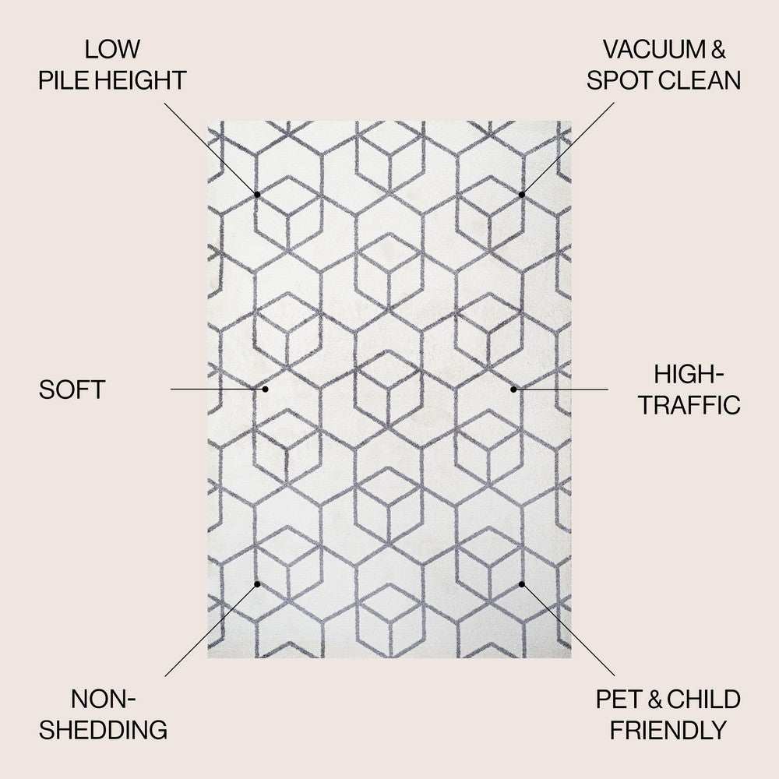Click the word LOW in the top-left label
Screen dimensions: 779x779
click(x=112, y=49)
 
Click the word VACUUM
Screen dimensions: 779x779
click(x=654, y=49)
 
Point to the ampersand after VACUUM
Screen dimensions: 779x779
click(x=718, y=49)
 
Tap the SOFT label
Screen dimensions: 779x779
click(x=72, y=390)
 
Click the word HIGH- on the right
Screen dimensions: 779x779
click(x=689, y=374)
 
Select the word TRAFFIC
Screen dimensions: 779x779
click(x=689, y=405)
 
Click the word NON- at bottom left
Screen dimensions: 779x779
click(x=104, y=700)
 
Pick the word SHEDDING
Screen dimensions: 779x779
click(x=104, y=731)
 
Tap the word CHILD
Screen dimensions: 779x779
click(x=703, y=700)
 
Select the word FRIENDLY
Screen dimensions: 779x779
click(x=668, y=731)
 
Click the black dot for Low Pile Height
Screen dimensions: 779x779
click(x=257, y=194)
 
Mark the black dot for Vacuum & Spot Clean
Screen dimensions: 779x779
click(x=522, y=194)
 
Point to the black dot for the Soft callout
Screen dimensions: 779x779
click(x=266, y=389)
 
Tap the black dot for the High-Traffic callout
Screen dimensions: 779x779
click(x=513, y=389)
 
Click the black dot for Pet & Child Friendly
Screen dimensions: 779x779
click(x=522, y=584)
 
